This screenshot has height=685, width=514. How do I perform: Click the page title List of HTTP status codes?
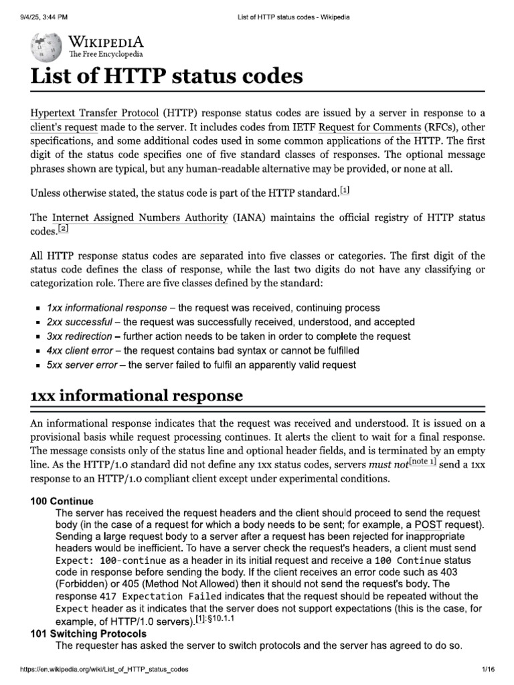coord(167,76)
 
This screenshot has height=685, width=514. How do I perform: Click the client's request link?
coord(64,126)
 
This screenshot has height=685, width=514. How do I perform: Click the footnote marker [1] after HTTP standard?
coord(345,191)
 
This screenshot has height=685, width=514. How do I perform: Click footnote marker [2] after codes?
coord(63,229)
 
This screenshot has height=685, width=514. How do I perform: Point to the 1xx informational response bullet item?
coord(106,308)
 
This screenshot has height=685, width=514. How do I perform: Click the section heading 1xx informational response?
coord(137,396)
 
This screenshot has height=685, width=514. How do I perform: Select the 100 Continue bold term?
coord(62,501)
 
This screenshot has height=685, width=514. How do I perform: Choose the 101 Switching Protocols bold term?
coord(88,633)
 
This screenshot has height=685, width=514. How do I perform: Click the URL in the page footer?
coord(94,669)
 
